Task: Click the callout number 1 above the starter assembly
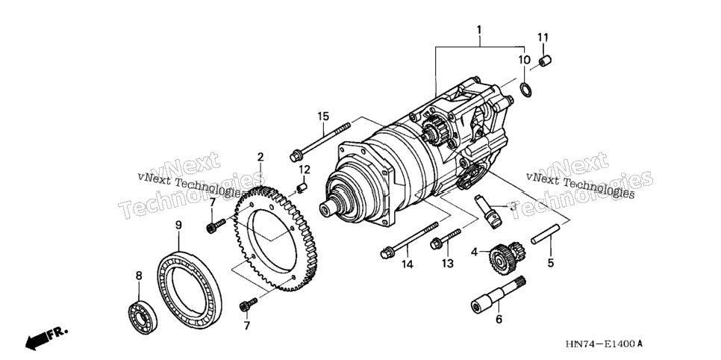click(478, 31)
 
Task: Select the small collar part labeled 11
click(545, 60)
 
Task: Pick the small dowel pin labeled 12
click(302, 187)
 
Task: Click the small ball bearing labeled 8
click(143, 317)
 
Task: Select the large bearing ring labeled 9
click(190, 288)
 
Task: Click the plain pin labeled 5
click(546, 234)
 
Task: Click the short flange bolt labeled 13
click(445, 239)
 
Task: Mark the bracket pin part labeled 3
click(488, 211)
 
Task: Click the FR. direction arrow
click(46, 338)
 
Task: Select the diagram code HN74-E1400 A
click(603, 344)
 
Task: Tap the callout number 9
click(178, 225)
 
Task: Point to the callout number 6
click(499, 319)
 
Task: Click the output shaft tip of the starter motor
click(328, 209)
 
